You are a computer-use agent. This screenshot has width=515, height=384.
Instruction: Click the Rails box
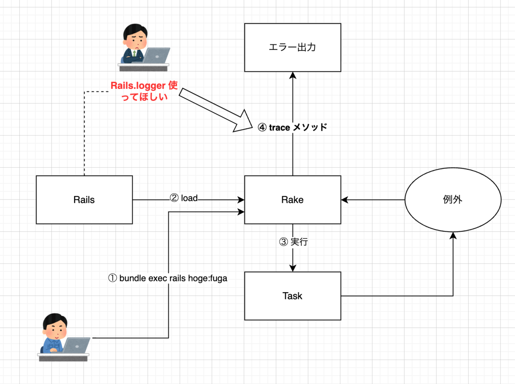click(84, 200)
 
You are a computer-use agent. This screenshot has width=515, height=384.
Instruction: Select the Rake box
click(292, 200)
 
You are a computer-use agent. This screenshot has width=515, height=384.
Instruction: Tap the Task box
click(292, 296)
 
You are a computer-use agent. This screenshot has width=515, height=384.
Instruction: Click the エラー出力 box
click(292, 47)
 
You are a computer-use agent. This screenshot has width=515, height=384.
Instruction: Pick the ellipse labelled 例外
click(453, 200)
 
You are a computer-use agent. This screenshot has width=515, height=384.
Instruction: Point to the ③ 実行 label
click(294, 242)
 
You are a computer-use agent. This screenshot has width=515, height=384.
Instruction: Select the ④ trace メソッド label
click(292, 127)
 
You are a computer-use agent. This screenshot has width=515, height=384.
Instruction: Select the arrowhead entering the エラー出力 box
click(292, 76)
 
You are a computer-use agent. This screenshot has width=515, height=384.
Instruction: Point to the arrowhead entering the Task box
click(292, 267)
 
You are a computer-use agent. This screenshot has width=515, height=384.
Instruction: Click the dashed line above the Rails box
click(84, 133)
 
